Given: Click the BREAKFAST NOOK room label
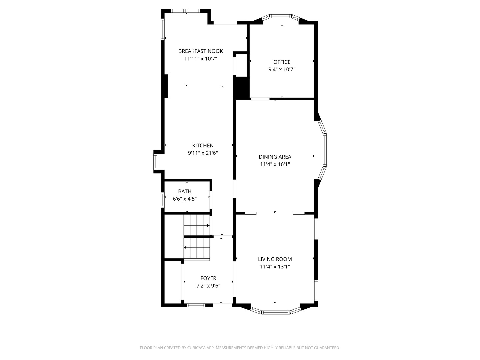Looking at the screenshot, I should [200, 51].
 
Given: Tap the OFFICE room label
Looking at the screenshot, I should [282, 62].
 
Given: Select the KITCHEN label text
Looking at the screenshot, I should [203, 146].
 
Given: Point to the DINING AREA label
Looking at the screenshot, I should [275, 157].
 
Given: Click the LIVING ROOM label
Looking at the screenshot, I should [275, 259].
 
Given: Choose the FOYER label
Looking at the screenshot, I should [208, 278].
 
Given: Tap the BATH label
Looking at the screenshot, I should [185, 191].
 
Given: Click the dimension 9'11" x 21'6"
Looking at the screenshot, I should [203, 153].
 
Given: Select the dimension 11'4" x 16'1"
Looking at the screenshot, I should [275, 164].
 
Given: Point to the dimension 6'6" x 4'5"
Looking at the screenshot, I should [185, 199].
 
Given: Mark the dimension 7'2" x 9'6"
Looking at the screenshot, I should [208, 286].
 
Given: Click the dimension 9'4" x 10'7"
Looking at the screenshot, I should [282, 70].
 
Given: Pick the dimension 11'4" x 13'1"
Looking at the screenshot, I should [275, 267].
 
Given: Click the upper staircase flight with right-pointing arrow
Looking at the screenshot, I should [197, 225].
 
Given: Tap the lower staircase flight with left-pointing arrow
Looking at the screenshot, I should [197, 248].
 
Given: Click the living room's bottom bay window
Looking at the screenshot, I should [275, 312].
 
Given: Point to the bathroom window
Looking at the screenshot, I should [163, 200].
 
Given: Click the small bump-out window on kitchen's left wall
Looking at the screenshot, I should [155, 162].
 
